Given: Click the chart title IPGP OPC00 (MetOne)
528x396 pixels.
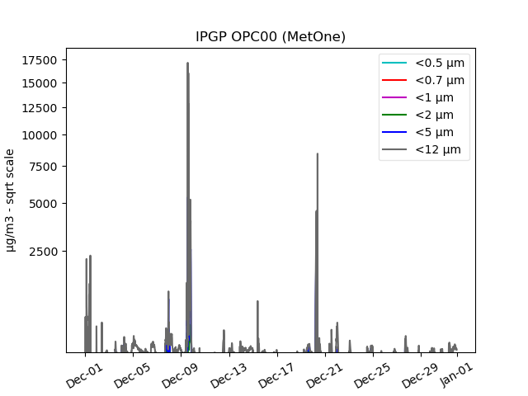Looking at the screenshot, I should pyautogui.click(x=270, y=36).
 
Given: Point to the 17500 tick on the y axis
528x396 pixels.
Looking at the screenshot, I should pyautogui.click(x=40, y=59).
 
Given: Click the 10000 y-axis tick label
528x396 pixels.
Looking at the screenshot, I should pyautogui.click(x=40, y=135).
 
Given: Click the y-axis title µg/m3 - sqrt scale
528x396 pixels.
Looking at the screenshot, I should pyautogui.click(x=11, y=200).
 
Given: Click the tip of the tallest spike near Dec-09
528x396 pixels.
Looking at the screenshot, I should pyautogui.click(x=187, y=63).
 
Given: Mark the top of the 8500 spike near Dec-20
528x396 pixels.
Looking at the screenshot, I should pyautogui.click(x=317, y=153).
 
